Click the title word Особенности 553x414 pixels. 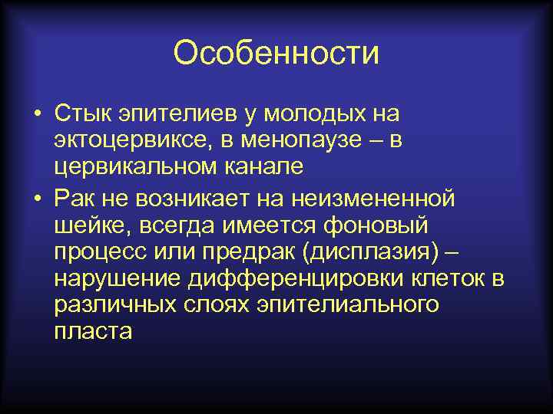point(276,53)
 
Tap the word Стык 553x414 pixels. point(81,114)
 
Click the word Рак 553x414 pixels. point(74,199)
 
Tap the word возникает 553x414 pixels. point(194,199)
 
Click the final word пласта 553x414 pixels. point(93,331)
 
